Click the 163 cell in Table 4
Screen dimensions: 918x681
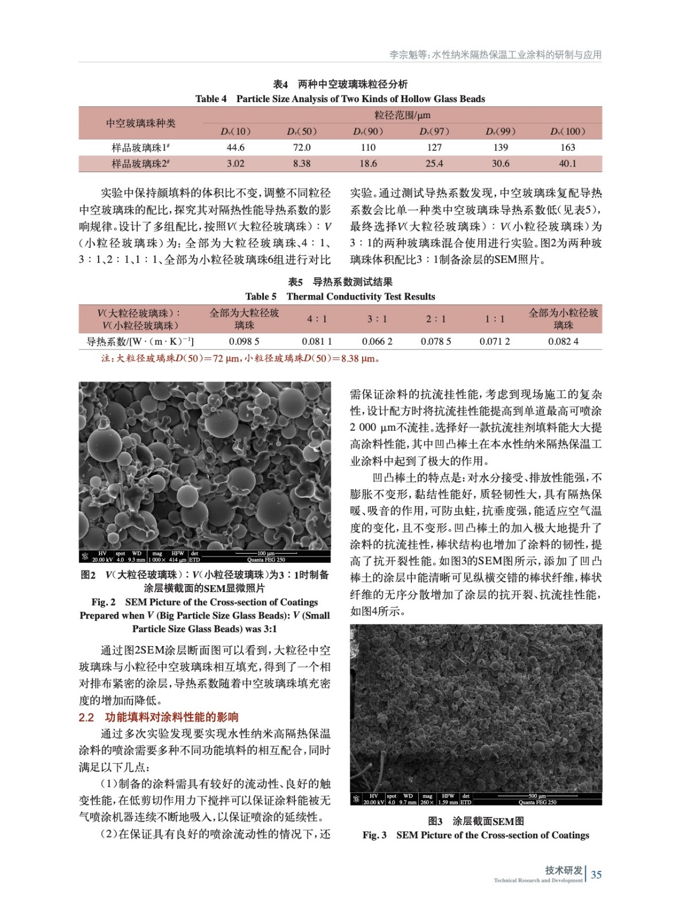pyautogui.click(x=567, y=147)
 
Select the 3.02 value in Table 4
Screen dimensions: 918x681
pyautogui.click(x=235, y=164)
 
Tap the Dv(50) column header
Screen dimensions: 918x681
pyautogui.click(x=302, y=131)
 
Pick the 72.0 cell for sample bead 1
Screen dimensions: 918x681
pyautogui.click(x=302, y=147)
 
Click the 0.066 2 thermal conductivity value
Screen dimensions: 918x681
pyautogui.click(x=377, y=341)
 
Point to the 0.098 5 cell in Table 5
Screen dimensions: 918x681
pyautogui.click(x=244, y=341)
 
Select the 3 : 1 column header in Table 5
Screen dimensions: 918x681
pyautogui.click(x=377, y=319)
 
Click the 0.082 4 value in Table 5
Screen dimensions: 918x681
pyautogui.click(x=563, y=341)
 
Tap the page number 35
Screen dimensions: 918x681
pyautogui.click(x=596, y=875)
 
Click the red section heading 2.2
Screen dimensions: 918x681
pyautogui.click(x=158, y=717)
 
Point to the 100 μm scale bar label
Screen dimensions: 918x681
pyautogui.click(x=266, y=554)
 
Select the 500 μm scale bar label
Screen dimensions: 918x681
pyautogui.click(x=537, y=796)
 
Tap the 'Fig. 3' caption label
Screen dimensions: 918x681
pyautogui.click(x=374, y=835)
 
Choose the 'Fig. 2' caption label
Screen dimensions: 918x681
pyautogui.click(x=103, y=602)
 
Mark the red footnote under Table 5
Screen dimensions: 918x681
pyautogui.click(x=240, y=359)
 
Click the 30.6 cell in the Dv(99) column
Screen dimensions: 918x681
pyautogui.click(x=500, y=164)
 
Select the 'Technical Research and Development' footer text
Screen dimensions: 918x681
pyautogui.click(x=538, y=880)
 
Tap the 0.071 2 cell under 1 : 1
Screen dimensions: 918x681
pyautogui.click(x=495, y=341)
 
